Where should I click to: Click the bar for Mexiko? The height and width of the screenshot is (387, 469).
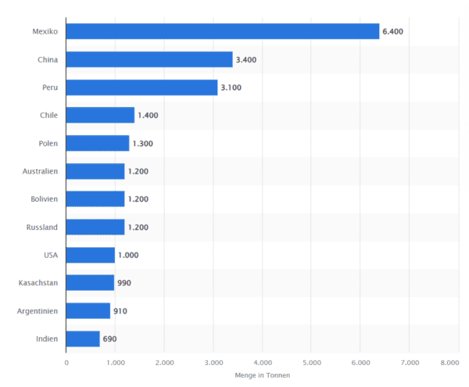223,31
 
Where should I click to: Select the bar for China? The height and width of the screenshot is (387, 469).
149,59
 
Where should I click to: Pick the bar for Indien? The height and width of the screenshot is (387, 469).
83,339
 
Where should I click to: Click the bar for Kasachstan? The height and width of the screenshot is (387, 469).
91,283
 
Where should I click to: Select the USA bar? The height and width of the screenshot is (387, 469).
91,255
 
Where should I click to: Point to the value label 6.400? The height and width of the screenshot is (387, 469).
392,31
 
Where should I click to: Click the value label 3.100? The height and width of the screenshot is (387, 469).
231,88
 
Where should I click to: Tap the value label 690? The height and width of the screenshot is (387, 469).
109,339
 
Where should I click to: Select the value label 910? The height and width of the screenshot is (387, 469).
120,311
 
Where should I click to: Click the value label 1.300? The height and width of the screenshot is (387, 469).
142,143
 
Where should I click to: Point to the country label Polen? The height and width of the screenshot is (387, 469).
48,143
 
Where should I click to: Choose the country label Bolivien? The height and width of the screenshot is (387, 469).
42,199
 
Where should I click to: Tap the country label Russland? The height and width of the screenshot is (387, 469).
42,227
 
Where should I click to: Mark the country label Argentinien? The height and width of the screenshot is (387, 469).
38,311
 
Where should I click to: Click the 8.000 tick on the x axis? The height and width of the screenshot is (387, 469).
449,363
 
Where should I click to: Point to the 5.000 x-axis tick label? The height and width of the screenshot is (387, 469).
311,363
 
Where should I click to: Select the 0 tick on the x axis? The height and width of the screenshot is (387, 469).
66,363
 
